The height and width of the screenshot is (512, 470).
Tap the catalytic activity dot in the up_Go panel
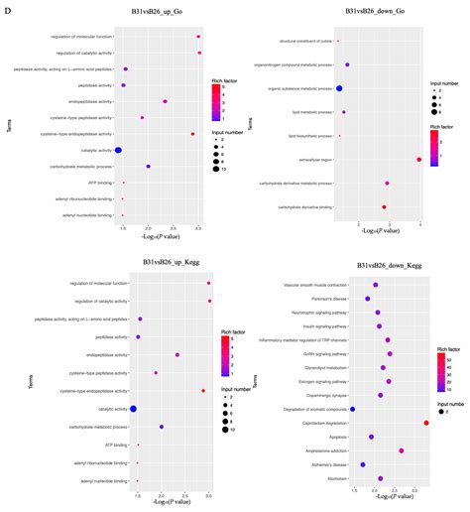118,149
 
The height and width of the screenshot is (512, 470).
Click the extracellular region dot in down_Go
419,159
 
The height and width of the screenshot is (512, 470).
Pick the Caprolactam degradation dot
426,423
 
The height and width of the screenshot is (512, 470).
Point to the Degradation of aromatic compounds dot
352,409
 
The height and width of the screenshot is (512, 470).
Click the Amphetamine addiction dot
401,450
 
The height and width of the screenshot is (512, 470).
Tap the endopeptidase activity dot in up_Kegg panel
176,354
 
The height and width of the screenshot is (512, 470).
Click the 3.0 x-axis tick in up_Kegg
208,493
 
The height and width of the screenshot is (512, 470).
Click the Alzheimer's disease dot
363,463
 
